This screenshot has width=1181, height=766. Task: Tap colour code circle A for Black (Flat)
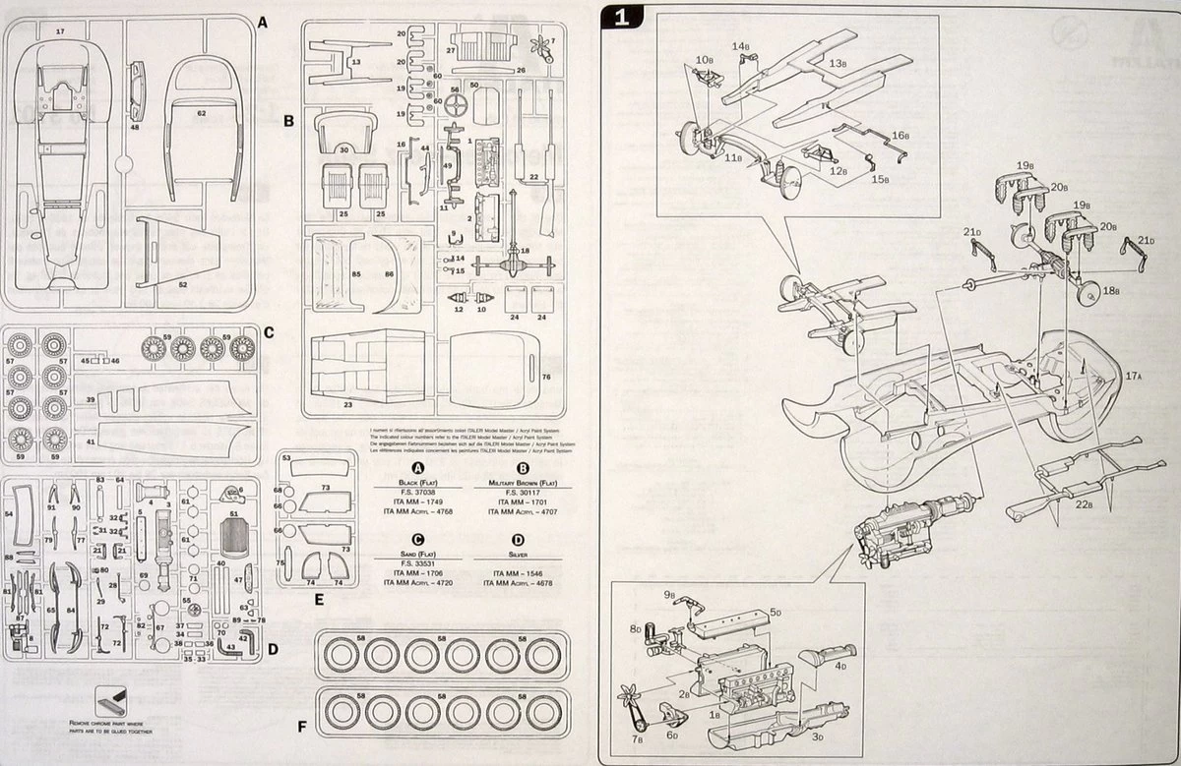point(417,468)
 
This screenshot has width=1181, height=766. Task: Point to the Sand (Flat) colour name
point(417,556)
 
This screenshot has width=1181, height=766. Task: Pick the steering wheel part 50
point(456,105)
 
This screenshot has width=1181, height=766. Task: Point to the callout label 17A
point(1132,376)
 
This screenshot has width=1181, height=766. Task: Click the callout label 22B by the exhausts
point(1084,505)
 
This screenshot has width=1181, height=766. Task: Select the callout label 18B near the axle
point(1110,290)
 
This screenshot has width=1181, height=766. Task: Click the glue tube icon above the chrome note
point(111,702)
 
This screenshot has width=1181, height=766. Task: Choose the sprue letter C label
point(269,331)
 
